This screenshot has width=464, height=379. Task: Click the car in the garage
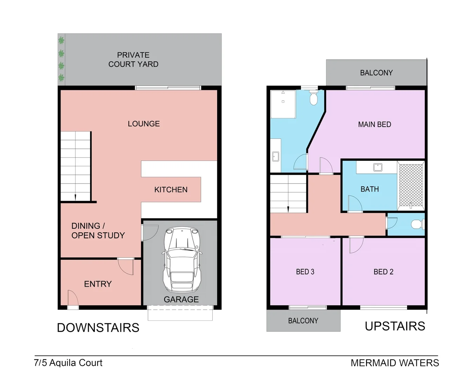(181, 260)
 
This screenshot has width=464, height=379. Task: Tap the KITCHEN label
(171, 190)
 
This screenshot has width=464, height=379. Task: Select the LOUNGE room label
(144, 124)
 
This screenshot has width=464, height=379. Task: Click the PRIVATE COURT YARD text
(133, 60)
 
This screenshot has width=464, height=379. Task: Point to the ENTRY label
(98, 284)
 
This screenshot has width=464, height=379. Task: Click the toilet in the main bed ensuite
(313, 99)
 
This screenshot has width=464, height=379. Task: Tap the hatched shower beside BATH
(411, 185)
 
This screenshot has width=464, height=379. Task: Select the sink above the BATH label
(378, 167)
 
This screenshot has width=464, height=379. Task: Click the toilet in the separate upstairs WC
(417, 224)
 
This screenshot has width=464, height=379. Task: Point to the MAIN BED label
(374, 125)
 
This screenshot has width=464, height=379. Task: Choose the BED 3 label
(305, 272)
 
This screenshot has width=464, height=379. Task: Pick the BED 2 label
(383, 272)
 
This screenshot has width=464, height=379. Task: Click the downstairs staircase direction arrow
(75, 197)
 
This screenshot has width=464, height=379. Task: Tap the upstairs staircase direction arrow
(288, 209)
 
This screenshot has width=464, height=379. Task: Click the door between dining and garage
(150, 233)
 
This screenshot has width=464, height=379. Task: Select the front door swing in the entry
(73, 298)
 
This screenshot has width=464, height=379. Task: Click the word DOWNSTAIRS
(98, 328)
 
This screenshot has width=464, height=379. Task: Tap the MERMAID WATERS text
(395, 363)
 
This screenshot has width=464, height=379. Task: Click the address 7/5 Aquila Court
(68, 363)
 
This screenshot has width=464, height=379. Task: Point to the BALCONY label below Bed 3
(303, 321)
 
